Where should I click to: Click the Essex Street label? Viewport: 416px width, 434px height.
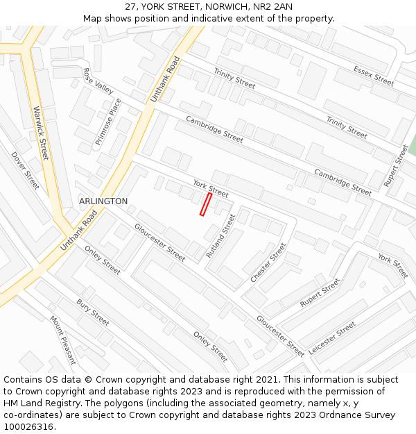tap(373, 76)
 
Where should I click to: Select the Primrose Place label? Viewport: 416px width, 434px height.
tap(108, 122)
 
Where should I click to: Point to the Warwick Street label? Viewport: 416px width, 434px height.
tap(41, 133)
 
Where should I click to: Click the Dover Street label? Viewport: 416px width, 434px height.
tap(25, 171)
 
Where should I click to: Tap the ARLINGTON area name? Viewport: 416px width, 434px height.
tap(103, 201)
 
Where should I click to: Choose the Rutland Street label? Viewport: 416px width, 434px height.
tap(221, 236)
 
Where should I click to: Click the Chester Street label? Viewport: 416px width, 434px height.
tap(268, 262)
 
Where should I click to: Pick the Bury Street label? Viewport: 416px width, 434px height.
tap(93, 312)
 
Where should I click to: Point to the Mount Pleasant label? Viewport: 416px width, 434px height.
tap(62, 340)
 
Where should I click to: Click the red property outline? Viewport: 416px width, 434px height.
tap(206, 204)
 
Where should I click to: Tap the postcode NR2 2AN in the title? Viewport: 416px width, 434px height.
tap(275, 7)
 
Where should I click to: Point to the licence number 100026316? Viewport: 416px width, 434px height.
tap(28, 427)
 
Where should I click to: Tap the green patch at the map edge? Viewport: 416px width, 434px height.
tap(412, 146)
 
